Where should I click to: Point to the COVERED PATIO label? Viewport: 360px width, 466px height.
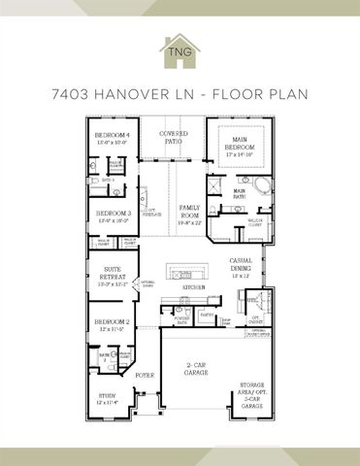point(176,137)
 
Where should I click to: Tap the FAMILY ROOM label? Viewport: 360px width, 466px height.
point(188,216)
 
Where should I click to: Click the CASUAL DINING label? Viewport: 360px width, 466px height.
point(242,264)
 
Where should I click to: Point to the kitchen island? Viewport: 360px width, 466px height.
point(189,269)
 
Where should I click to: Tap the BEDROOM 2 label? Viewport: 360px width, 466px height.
point(112,324)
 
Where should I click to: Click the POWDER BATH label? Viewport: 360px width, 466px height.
point(180,319)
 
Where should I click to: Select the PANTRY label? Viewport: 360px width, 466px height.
point(207,316)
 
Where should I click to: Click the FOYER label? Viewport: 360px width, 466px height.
point(145,374)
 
